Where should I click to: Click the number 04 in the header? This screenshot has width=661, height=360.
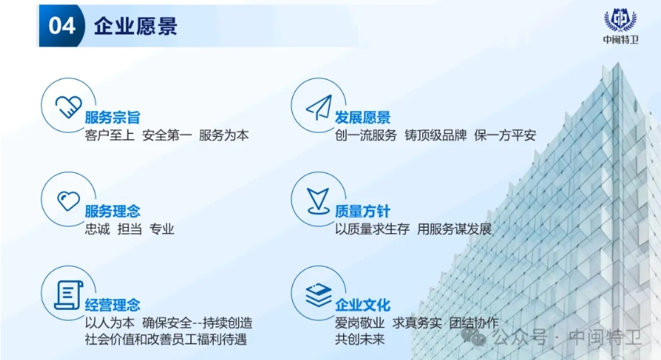pos(62,26)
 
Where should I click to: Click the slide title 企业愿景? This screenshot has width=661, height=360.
pos(135,26)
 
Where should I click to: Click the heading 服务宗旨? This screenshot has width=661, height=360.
pos(113,118)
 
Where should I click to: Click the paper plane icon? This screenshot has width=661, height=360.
pos(318,106)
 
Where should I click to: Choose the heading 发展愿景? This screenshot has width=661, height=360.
pos(363,118)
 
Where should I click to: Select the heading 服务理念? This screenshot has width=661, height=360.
pos(113,211)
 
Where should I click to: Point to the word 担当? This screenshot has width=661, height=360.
pos(129,229)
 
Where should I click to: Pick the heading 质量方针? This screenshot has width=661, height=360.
pos(363,211)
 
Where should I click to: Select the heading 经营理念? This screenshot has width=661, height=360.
pos(113,305)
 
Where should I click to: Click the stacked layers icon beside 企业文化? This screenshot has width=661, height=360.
pos(318,294)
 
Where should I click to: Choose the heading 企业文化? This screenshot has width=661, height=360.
pos(363,305)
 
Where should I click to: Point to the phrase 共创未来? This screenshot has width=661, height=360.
pos(363,340)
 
